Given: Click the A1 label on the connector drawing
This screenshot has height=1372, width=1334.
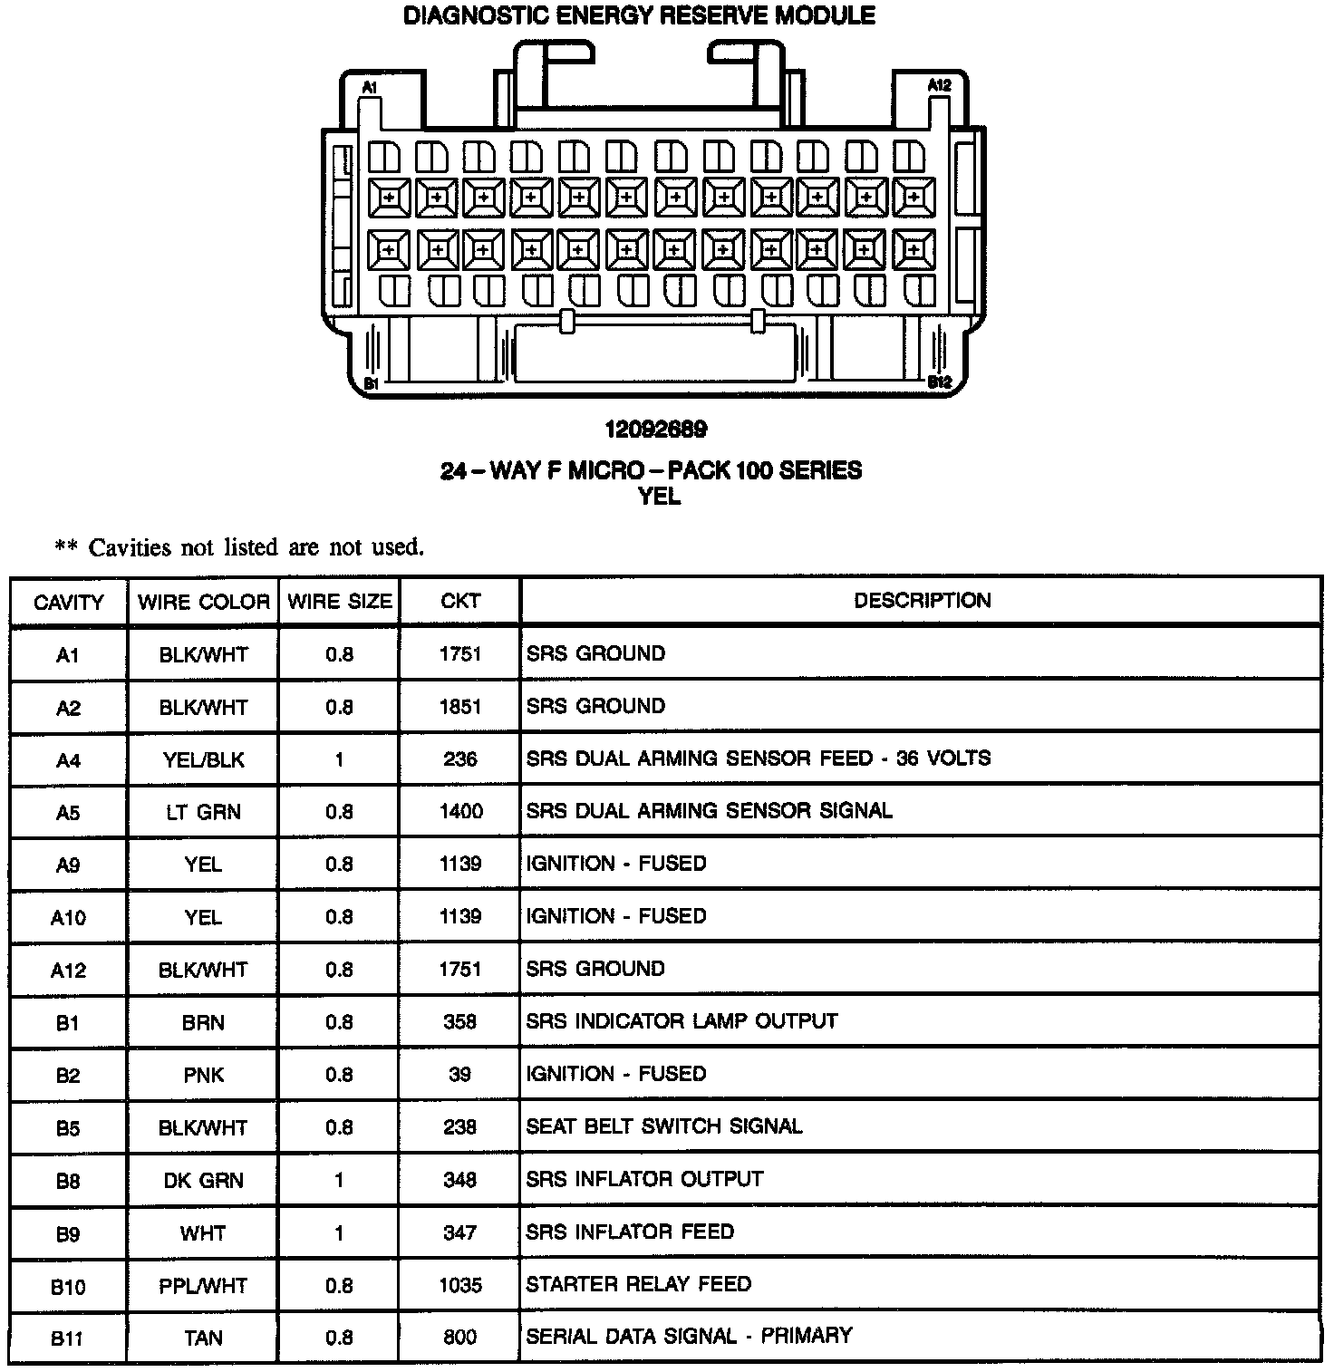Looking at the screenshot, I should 370,87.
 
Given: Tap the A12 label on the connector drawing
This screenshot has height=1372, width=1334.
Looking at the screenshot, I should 940,85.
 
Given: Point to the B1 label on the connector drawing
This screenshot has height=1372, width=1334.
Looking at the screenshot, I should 371,384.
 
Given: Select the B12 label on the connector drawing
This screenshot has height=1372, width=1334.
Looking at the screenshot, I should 940,382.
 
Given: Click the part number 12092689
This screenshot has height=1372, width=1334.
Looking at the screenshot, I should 656,429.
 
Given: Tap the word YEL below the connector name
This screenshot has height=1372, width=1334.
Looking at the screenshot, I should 659,497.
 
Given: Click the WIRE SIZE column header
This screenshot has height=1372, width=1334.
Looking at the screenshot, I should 339,602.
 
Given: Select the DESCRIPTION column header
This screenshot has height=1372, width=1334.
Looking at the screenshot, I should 922,600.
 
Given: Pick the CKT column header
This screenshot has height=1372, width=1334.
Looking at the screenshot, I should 459,601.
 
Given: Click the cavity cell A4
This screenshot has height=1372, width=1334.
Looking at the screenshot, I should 68,760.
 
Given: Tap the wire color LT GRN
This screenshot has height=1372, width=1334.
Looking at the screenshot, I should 203,812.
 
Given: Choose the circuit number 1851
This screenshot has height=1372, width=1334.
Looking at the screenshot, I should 459,706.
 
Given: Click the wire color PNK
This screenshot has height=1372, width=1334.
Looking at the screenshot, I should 203,1076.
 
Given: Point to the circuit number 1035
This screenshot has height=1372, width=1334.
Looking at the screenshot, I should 459,1285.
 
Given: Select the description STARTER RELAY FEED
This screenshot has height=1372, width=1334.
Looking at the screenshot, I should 638,1284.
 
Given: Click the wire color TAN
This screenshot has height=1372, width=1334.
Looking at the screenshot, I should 203,1338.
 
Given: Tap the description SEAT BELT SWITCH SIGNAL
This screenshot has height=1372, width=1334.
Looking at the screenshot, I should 663,1126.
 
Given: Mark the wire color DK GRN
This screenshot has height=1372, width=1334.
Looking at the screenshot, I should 203,1181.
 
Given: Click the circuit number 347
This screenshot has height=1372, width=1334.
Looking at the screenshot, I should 459,1232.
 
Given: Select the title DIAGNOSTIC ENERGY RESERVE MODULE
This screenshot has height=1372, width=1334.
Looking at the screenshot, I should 640,16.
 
